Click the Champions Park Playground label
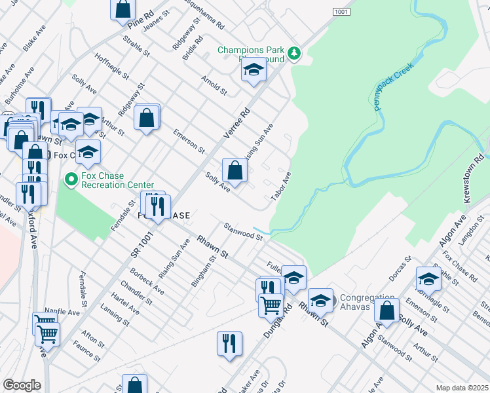pyautogui.click(x=254, y=54)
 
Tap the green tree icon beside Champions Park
pyautogui.click(x=295, y=52)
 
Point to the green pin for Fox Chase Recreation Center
pyautogui.click(x=70, y=179)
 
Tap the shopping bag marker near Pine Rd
pyautogui.click(x=122, y=9)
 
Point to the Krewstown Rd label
pyautogui.click(x=476, y=178)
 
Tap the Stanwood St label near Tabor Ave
pyautogui.click(x=243, y=231)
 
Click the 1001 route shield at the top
pyautogui.click(x=341, y=12)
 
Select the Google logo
pyautogui.click(x=22, y=385)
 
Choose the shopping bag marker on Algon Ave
pyautogui.click(x=387, y=312)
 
